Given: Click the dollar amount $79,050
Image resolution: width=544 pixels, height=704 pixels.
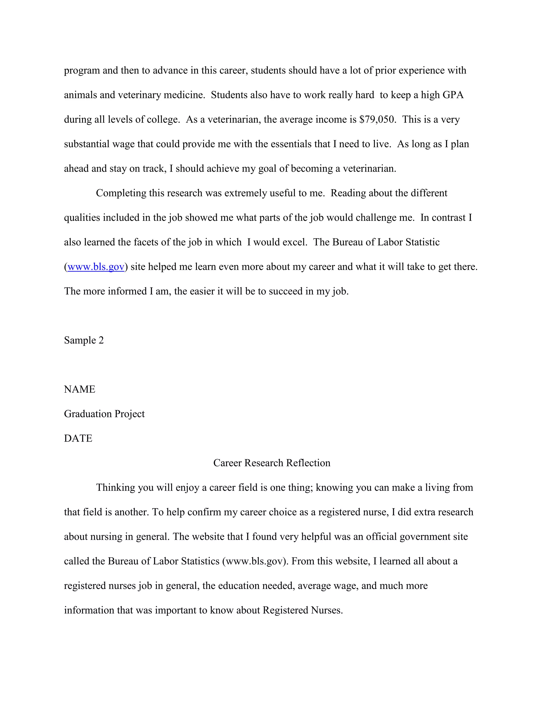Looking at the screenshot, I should (x=377, y=120).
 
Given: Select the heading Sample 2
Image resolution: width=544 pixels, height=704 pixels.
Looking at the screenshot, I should (x=84, y=340).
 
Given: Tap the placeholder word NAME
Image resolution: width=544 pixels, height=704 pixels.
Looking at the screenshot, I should (x=80, y=389).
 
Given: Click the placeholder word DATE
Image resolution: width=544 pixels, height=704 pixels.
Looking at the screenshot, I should (x=78, y=438).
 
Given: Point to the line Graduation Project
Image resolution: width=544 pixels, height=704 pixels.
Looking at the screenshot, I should (x=104, y=414).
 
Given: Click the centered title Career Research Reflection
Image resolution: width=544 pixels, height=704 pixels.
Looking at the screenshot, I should (x=272, y=463).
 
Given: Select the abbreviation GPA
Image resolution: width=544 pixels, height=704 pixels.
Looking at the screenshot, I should (x=453, y=95).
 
